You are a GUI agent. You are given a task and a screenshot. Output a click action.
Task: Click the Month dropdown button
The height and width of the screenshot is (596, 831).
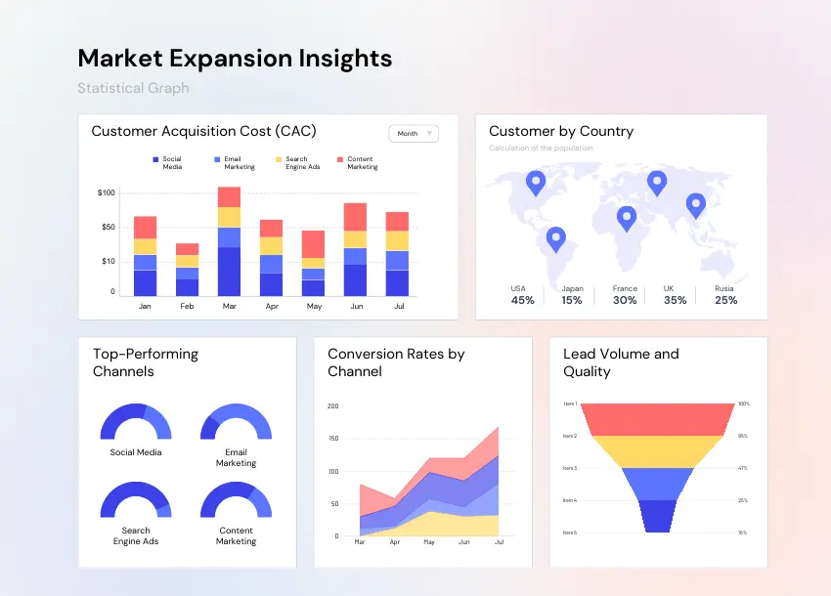coord(414,134)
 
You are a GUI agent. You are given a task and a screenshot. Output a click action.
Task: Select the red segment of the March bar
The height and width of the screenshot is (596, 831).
coord(229,196)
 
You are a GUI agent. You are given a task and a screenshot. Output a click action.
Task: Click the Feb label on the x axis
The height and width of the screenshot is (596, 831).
coord(187,306)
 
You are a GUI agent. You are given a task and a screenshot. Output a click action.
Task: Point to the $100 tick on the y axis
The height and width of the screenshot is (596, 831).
coord(107,192)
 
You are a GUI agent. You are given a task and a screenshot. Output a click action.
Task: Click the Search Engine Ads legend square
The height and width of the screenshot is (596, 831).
coord(279,159)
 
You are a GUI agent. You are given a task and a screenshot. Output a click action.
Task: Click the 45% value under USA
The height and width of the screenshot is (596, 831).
coord(522,300)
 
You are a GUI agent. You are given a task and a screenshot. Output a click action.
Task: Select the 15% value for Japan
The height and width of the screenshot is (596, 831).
coord(572,300)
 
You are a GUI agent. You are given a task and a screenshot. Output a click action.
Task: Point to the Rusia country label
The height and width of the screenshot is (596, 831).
coord(724,288)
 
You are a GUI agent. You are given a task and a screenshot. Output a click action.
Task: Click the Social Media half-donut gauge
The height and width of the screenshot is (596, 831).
coord(136,422)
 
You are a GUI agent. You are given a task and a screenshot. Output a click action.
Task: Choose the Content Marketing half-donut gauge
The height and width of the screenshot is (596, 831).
coord(236,499)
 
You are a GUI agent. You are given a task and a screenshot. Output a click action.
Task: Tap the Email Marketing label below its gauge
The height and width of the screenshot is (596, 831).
coord(236,457)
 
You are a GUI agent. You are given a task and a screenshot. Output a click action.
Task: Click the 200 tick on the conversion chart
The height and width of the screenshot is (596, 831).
coord(332,405)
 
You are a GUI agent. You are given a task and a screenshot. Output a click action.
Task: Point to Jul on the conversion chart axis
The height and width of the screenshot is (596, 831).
coord(500,541)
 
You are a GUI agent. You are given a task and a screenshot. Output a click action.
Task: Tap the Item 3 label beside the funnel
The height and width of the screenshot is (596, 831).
coord(570,468)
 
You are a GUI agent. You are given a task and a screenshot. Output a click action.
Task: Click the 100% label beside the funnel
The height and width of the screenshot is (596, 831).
coord(743,404)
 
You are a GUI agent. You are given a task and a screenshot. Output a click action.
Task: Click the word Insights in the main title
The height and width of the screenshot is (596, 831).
coord(335,58)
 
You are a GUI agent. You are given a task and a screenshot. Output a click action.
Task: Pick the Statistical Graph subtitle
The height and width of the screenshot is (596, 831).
coord(133,88)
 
